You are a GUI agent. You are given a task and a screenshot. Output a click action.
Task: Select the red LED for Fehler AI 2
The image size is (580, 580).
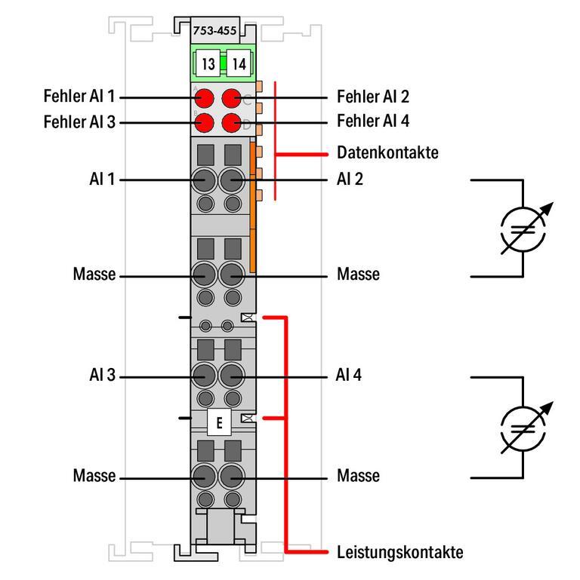[x=232, y=97]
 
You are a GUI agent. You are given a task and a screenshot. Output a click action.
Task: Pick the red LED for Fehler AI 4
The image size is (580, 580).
[x=232, y=122]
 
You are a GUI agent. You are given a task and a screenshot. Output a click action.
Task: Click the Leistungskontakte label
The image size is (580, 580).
[x=400, y=552]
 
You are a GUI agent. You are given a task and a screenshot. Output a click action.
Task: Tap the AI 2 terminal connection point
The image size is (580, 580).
[x=232, y=180]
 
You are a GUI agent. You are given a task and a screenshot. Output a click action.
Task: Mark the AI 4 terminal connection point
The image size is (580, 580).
[x=232, y=376]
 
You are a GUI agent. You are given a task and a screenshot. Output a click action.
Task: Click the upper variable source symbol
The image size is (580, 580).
[x=522, y=229]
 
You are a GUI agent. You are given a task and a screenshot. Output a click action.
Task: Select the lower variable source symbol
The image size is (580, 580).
[x=522, y=428]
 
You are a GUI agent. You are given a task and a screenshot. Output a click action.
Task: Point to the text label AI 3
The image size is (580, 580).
[x=101, y=376]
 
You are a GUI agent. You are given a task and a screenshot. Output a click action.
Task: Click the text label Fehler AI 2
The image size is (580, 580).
[x=374, y=97]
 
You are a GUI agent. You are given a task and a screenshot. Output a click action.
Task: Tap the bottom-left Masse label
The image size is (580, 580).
[x=94, y=477]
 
